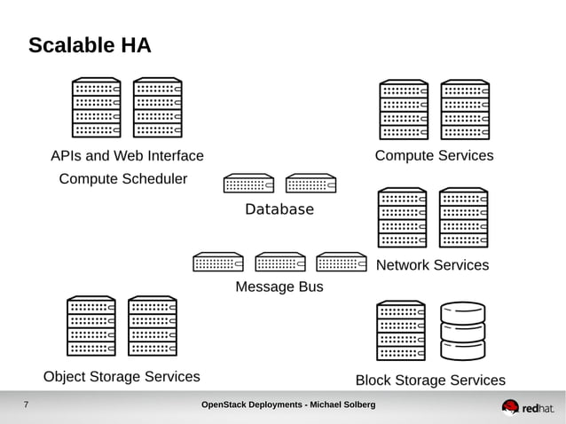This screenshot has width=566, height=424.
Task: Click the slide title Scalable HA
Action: click(x=90, y=45)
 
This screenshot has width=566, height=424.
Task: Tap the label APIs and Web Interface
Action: click(x=127, y=156)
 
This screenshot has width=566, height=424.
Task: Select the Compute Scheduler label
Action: click(x=123, y=179)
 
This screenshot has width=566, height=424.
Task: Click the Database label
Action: click(x=279, y=209)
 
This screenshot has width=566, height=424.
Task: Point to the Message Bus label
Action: click(x=279, y=287)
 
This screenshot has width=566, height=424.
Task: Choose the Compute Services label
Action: click(x=434, y=156)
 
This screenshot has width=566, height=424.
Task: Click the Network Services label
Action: click(x=432, y=265)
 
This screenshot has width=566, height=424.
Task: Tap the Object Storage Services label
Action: click(x=122, y=376)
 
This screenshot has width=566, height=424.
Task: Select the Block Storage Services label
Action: click(x=430, y=381)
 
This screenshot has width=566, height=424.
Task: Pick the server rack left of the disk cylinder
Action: click(x=401, y=331)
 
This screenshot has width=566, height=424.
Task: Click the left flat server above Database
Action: click(x=248, y=183)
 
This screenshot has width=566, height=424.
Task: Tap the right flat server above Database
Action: click(x=311, y=183)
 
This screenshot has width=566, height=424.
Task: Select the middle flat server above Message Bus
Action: click(x=279, y=262)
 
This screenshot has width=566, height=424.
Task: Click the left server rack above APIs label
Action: click(x=96, y=107)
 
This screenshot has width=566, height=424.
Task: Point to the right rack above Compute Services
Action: click(x=466, y=110)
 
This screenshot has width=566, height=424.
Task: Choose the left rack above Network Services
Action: click(x=402, y=217)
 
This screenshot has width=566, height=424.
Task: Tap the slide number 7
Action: click(x=26, y=405)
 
